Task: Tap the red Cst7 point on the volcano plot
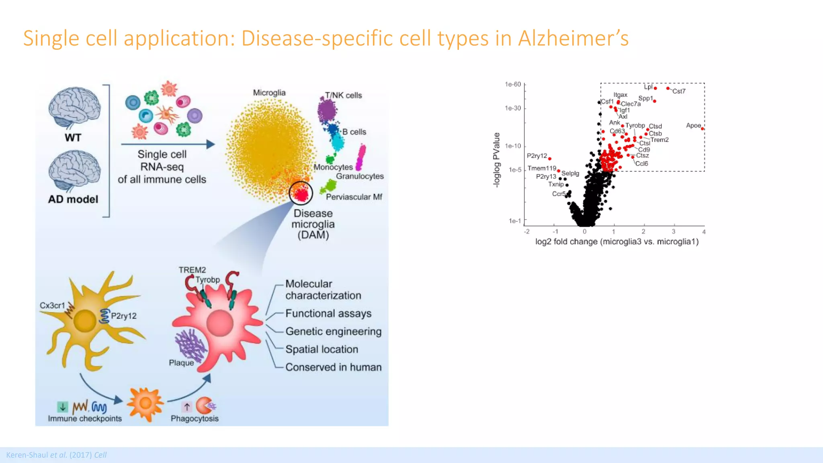click(668, 88)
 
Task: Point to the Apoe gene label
click(693, 125)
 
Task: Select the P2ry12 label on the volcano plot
click(537, 156)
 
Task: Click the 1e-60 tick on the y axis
click(513, 84)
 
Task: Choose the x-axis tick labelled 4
click(704, 232)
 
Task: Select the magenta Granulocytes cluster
click(361, 157)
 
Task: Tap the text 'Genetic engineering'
click(333, 332)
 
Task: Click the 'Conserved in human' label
click(333, 367)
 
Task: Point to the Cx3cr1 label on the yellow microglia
click(52, 305)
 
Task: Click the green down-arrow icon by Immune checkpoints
click(63, 407)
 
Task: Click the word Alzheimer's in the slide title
click(573, 39)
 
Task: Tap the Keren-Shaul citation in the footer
click(56, 455)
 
